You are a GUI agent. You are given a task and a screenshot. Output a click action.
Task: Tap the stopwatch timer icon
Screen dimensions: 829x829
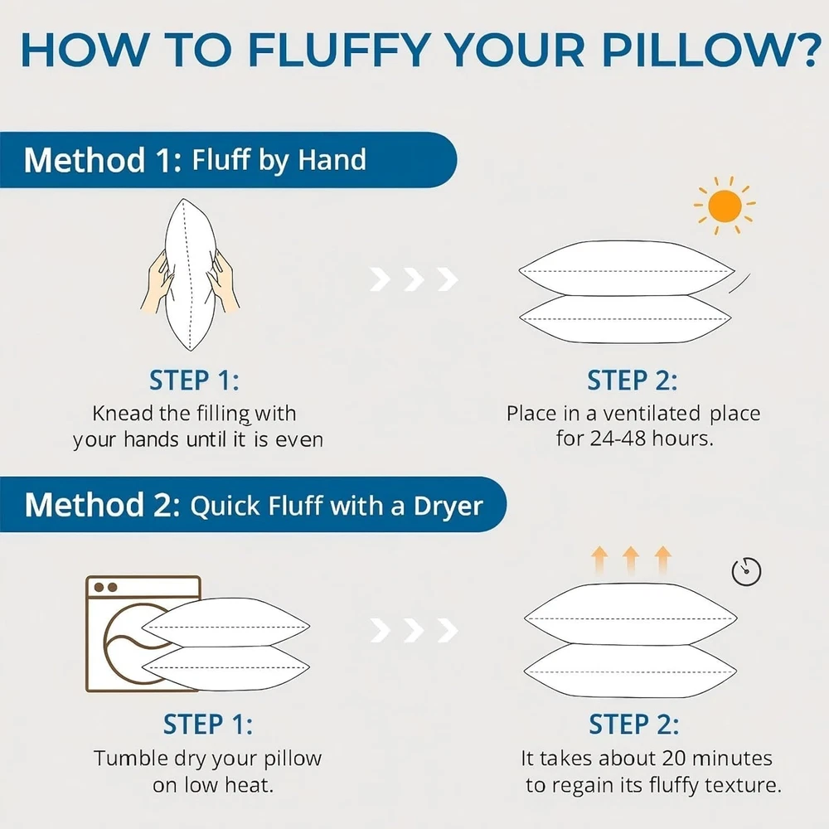tap(746, 571)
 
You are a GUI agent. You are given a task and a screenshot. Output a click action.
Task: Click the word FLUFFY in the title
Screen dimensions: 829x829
tap(338, 51)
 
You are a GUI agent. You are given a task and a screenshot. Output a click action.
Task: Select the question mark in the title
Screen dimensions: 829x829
tap(807, 51)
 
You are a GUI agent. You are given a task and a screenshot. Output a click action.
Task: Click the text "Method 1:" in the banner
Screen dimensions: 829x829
tap(103, 160)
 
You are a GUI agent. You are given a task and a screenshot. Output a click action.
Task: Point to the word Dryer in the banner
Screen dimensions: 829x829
tap(448, 507)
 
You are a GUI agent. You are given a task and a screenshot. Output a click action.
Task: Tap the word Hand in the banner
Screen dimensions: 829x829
tap(332, 160)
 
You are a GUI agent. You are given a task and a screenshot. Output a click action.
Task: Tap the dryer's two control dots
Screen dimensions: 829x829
tap(105, 587)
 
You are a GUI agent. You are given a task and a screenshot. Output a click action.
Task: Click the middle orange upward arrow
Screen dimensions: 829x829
tap(631, 560)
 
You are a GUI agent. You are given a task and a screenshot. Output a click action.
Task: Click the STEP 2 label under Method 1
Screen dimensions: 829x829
tap(632, 381)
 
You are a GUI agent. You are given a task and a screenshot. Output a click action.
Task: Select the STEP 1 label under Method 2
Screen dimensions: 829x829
tap(208, 725)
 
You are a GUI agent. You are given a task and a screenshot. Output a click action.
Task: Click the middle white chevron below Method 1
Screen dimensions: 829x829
tap(414, 279)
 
